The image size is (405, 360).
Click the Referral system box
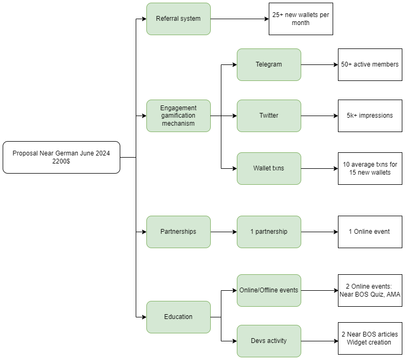pyautogui.click(x=178, y=19)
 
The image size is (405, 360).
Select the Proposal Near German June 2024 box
pyautogui.click(x=62, y=157)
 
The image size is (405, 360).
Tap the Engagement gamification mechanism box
pyautogui.click(x=178, y=116)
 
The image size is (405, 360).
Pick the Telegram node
pyautogui.click(x=269, y=64)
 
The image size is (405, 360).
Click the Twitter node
pyautogui.click(x=269, y=116)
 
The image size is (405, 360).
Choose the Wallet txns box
pyautogui.click(x=269, y=168)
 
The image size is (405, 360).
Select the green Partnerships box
pyautogui.click(x=178, y=232)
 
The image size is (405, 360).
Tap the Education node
pyautogui.click(x=178, y=317)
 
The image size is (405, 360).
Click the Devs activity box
pyautogui.click(x=269, y=341)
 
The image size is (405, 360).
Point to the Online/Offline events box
pyautogui.click(x=269, y=290)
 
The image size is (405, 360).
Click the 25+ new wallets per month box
pyautogui.click(x=301, y=19)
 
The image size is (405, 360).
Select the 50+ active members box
pyautogui.click(x=370, y=64)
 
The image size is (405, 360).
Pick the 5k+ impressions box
pyautogui.click(x=370, y=116)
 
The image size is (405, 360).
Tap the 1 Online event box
pyautogui.click(x=370, y=232)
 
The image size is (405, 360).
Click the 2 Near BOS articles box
pyautogui.click(x=370, y=338)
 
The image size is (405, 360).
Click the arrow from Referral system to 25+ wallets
pyautogui.click(x=239, y=19)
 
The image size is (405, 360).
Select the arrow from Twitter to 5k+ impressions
pyautogui.click(x=319, y=116)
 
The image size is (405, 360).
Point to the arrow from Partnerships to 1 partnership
pyautogui.click(x=224, y=232)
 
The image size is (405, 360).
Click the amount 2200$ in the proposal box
pyautogui.click(x=61, y=161)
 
